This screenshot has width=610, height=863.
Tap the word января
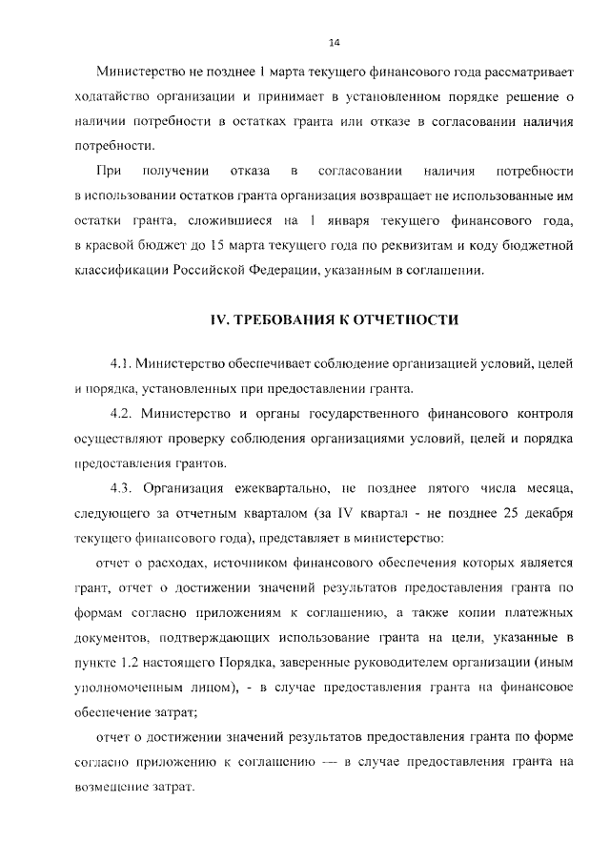pos(340,220)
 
